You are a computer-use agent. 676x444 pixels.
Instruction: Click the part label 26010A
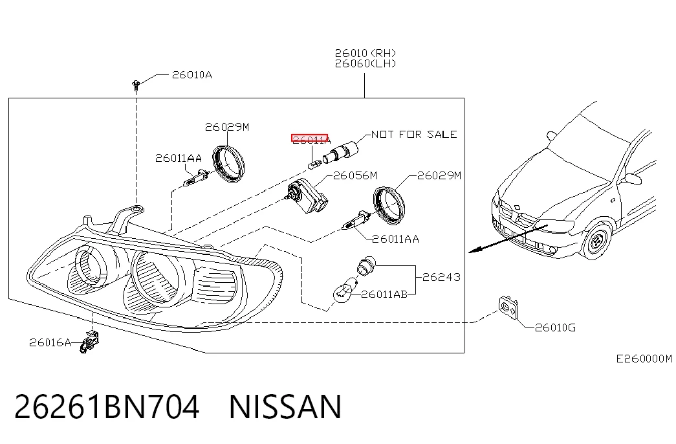pyautogui.click(x=192, y=75)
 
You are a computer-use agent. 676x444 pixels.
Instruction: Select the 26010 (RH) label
pyautogui.click(x=365, y=53)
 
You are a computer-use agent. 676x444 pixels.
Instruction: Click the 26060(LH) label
pyautogui.click(x=365, y=63)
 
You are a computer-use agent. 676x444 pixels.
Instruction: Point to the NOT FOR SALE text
pyautogui.click(x=414, y=134)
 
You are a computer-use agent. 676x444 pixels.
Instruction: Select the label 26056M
pyautogui.click(x=355, y=175)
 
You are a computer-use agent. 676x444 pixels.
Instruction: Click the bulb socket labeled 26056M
pyautogui.click(x=307, y=196)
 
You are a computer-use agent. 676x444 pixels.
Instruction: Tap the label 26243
pyautogui.click(x=441, y=277)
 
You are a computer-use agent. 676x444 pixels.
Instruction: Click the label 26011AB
pyautogui.click(x=384, y=294)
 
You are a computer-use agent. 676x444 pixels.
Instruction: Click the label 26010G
pyautogui.click(x=555, y=328)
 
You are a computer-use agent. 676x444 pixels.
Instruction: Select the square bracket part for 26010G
pyautogui.click(x=508, y=307)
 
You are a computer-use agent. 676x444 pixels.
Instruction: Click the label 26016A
pyautogui.click(x=50, y=342)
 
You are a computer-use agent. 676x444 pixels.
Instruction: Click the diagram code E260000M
pyautogui.click(x=644, y=359)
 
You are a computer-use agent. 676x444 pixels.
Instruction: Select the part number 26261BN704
pyautogui.click(x=107, y=406)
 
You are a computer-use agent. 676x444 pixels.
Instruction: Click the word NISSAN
pyautogui.click(x=285, y=406)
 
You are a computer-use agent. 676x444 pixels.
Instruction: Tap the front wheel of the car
pyautogui.click(x=597, y=240)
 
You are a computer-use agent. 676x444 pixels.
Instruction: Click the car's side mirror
pyautogui.click(x=631, y=179)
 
